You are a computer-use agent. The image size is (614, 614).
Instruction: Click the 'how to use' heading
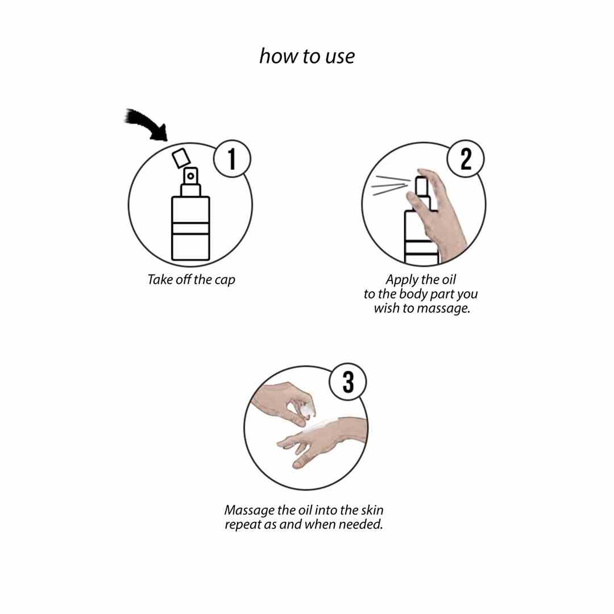point(307,56)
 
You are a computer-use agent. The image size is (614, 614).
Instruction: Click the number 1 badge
point(232,159)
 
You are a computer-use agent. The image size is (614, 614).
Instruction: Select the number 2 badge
point(466,159)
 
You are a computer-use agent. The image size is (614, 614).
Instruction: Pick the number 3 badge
point(348,382)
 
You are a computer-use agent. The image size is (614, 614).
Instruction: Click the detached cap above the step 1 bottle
point(181,158)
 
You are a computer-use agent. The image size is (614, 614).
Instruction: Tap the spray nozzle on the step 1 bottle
point(190,176)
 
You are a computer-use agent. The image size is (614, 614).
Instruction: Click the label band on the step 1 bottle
point(190,229)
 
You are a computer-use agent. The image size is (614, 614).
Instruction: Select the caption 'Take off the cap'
point(191,280)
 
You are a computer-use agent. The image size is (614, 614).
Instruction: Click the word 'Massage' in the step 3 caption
point(250,511)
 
